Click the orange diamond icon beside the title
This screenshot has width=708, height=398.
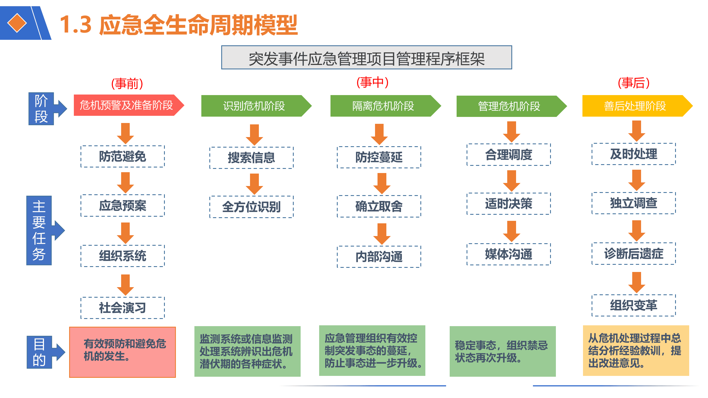pyautogui.click(x=17, y=23)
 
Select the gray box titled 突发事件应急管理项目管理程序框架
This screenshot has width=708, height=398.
pyautogui.click(x=366, y=57)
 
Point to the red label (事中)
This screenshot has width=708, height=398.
pyautogui.click(x=372, y=82)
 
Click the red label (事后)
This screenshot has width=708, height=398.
pyautogui.click(x=633, y=83)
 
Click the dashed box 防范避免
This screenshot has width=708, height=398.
pyautogui.click(x=123, y=156)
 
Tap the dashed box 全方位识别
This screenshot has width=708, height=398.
pyautogui.click(x=251, y=207)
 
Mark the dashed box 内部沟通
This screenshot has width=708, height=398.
pyautogui.click(x=379, y=257)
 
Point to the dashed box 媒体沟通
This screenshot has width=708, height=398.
pyautogui.click(x=509, y=254)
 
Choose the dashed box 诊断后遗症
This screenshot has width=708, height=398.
pyautogui.click(x=634, y=254)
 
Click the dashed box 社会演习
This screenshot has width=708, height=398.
pyautogui.click(x=123, y=308)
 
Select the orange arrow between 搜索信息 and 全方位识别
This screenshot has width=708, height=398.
pyautogui.click(x=254, y=184)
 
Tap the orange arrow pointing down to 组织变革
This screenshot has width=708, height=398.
pyautogui.click(x=636, y=282)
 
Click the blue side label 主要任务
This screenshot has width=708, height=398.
pyautogui.click(x=39, y=230)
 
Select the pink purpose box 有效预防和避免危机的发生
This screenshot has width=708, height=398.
pyautogui.click(x=123, y=352)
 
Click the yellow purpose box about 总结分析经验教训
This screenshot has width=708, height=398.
pyautogui.click(x=636, y=350)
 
